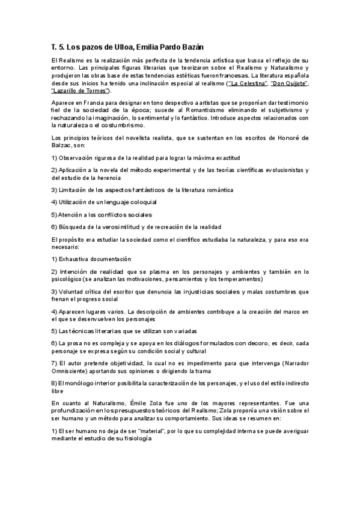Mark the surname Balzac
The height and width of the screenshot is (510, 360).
click(x=63, y=146)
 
